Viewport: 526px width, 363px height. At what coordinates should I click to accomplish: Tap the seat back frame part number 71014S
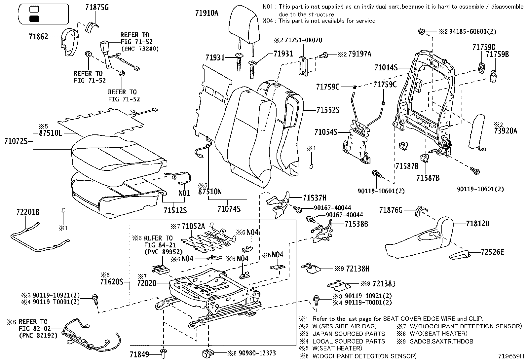pos(386,68)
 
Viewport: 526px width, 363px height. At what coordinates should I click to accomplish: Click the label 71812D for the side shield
pos(478,224)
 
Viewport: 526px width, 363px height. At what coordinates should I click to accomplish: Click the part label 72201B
pos(28,212)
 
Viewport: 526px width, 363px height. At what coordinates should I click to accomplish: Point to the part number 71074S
pos(229,209)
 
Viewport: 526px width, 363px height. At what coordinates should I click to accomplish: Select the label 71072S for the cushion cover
pos(16,141)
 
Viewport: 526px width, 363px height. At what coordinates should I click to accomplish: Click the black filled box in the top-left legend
pos(34,19)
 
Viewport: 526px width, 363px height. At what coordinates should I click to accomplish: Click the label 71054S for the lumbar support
pos(326,132)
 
